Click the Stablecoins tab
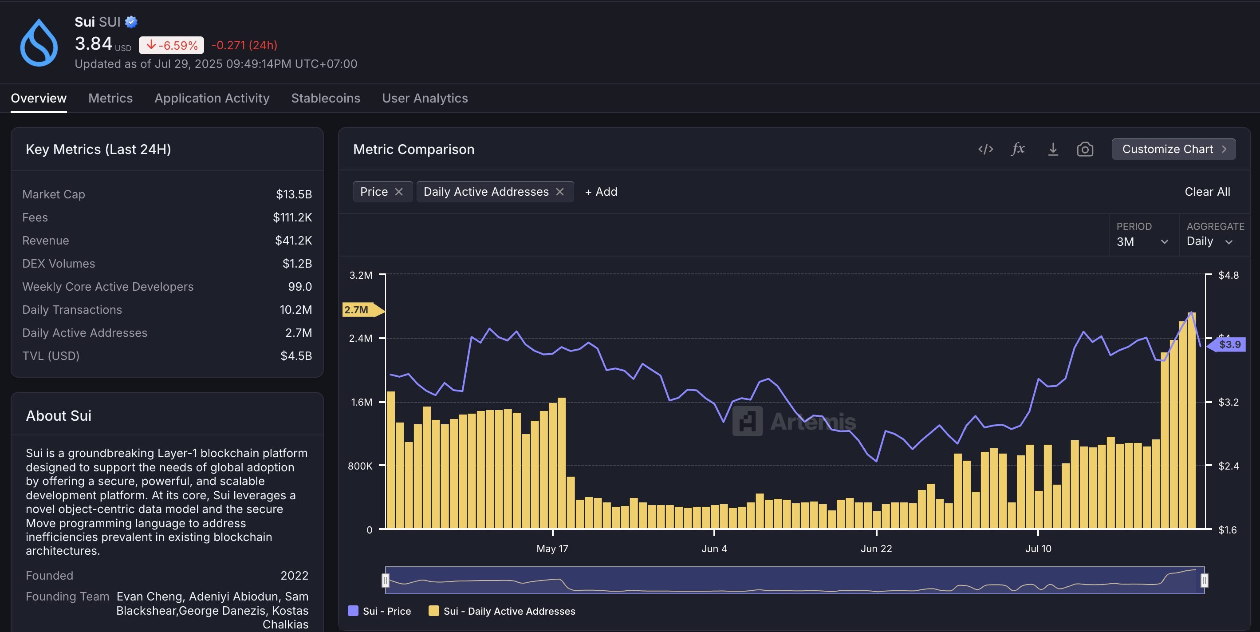(x=325, y=99)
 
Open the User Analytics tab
(x=425, y=99)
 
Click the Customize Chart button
(x=1173, y=149)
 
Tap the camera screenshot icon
(x=1084, y=149)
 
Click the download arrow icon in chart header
(x=1053, y=149)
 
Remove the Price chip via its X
(x=399, y=192)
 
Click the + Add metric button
(x=601, y=192)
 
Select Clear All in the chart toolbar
(x=1207, y=192)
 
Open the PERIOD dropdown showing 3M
(x=1142, y=241)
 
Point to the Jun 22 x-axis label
(x=876, y=549)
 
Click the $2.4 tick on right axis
(x=1228, y=466)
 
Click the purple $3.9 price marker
(x=1228, y=344)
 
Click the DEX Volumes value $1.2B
(x=297, y=264)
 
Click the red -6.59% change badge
(x=171, y=46)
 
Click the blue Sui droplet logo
(x=39, y=43)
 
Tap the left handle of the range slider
(x=386, y=580)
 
